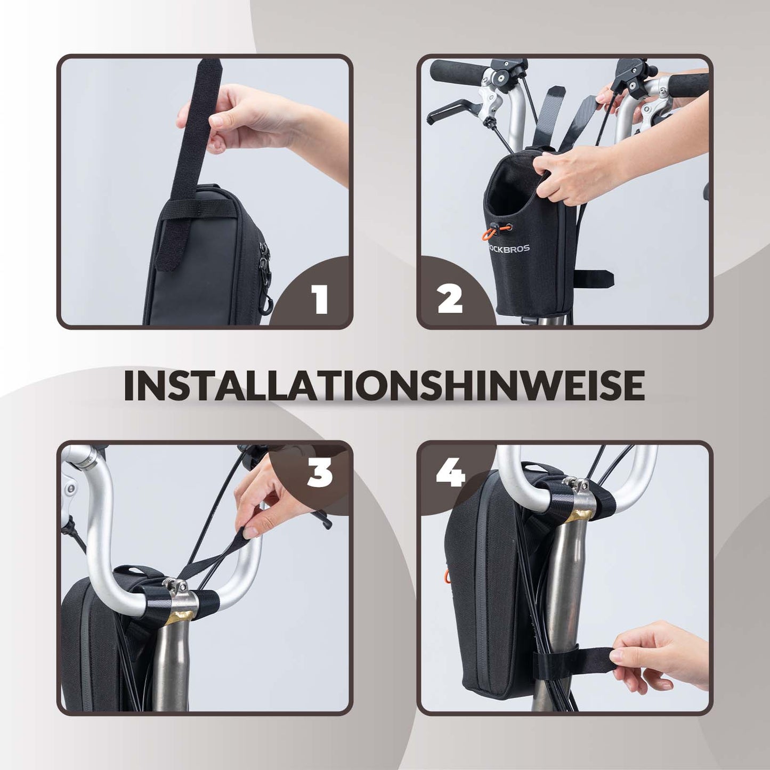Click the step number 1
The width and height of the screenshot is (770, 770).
(x=320, y=299)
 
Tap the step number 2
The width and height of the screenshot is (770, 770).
(x=450, y=299)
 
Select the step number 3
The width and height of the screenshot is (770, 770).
(x=320, y=473)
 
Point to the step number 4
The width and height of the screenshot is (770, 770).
(x=450, y=473)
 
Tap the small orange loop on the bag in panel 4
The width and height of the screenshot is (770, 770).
(x=446, y=576)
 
